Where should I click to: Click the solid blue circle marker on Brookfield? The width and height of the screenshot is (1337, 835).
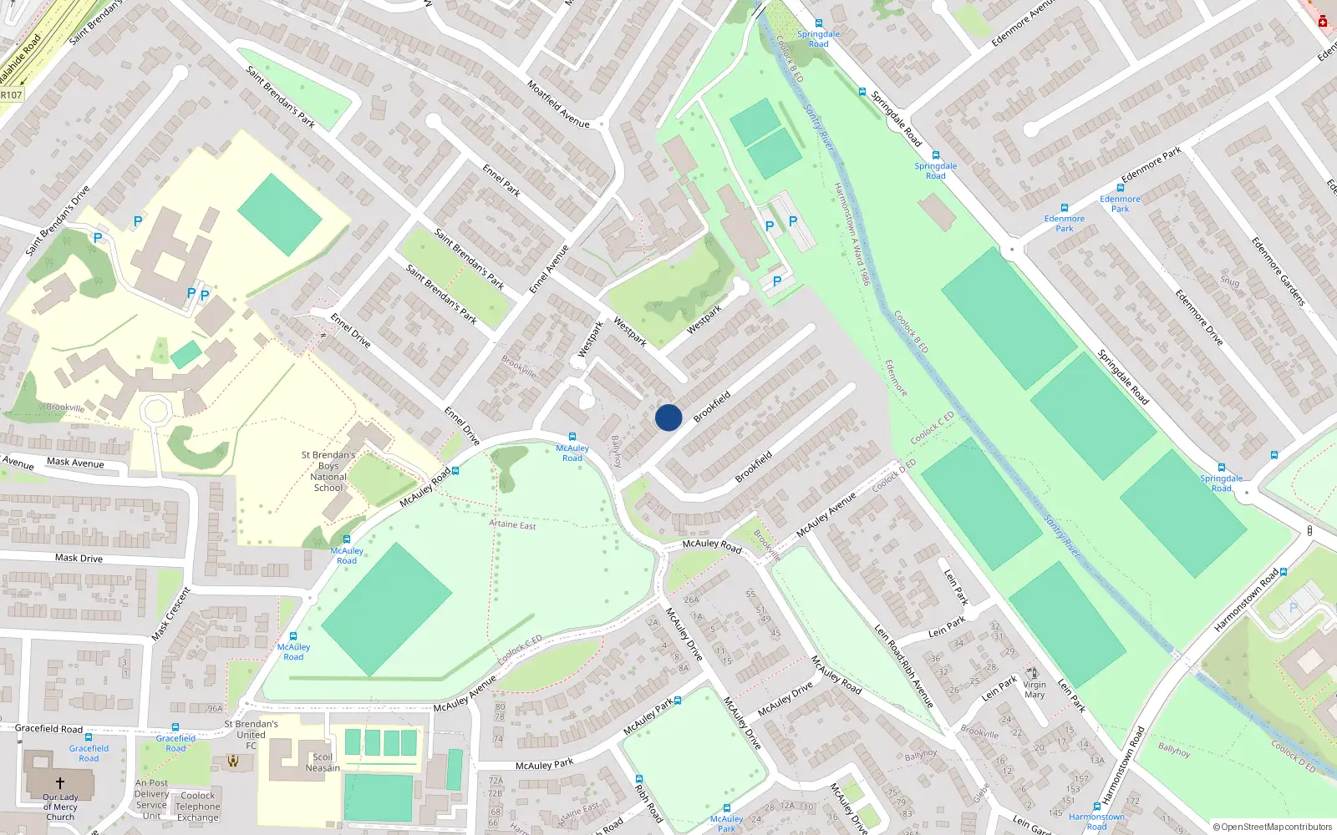pyautogui.click(x=668, y=417)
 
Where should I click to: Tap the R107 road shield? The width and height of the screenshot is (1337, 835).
pyautogui.click(x=11, y=95)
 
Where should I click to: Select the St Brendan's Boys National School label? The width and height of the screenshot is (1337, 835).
pyautogui.click(x=328, y=472)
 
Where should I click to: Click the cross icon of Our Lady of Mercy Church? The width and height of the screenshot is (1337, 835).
pyautogui.click(x=60, y=783)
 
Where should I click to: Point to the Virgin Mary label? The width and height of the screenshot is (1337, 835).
pyautogui.click(x=1035, y=689)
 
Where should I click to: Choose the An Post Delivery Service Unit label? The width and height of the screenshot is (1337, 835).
pyautogui.click(x=151, y=800)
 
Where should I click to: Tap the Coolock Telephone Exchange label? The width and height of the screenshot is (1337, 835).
pyautogui.click(x=198, y=807)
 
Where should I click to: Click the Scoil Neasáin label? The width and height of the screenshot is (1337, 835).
pyautogui.click(x=323, y=762)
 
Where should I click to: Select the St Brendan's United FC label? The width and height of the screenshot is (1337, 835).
pyautogui.click(x=251, y=734)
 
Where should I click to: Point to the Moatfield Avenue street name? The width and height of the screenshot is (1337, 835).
pyautogui.click(x=558, y=104)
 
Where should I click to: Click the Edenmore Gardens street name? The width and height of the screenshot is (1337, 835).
pyautogui.click(x=1278, y=271)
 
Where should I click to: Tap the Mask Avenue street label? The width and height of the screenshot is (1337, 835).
pyautogui.click(x=75, y=463)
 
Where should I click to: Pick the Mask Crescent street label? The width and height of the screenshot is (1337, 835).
pyautogui.click(x=170, y=614)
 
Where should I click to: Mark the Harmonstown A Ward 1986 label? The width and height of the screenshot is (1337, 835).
pyautogui.click(x=852, y=234)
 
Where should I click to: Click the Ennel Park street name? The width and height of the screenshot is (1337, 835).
pyautogui.click(x=501, y=180)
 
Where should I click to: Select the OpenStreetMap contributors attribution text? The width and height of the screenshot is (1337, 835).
pyautogui.click(x=1273, y=827)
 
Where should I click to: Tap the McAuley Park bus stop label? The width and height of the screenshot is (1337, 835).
pyautogui.click(x=726, y=823)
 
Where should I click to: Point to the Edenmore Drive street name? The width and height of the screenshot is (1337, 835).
pyautogui.click(x=1199, y=318)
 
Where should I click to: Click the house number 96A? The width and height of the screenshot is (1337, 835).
pyautogui.click(x=215, y=709)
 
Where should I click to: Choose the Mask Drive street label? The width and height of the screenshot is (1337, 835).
pyautogui.click(x=79, y=558)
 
